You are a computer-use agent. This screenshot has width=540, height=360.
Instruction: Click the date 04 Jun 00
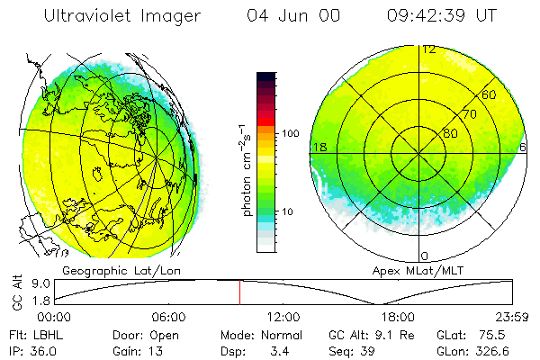(x=285, y=16)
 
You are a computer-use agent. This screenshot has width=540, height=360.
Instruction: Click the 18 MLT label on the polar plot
(x=318, y=147)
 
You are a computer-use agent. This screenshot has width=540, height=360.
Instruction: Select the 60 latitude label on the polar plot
(x=489, y=94)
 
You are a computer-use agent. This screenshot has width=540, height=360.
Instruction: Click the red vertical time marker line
(x=239, y=292)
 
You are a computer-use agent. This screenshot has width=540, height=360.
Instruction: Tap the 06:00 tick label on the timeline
(x=169, y=318)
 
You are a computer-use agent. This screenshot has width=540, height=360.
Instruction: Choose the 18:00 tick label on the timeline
(x=398, y=318)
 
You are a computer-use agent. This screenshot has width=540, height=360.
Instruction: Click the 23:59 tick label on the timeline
(x=512, y=318)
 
